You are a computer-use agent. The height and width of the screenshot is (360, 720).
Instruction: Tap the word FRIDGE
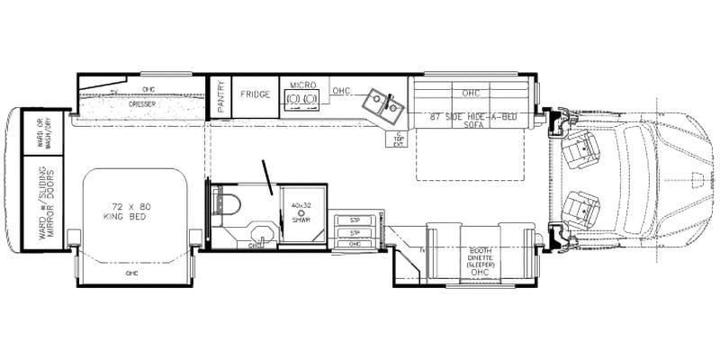click(255, 93)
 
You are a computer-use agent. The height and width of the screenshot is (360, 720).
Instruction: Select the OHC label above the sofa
click(472, 93)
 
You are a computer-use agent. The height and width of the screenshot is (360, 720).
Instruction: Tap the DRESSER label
click(139, 103)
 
